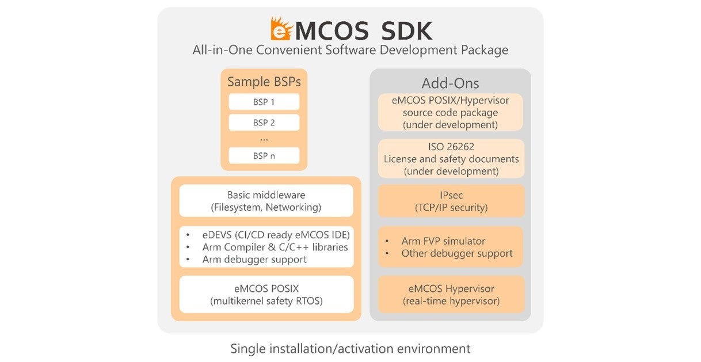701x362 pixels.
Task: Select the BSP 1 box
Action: click(264, 102)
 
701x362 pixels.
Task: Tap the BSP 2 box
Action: click(264, 123)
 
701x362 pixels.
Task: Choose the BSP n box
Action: click(264, 155)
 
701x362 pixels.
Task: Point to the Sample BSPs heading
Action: click(264, 82)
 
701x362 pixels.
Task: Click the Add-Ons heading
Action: click(450, 83)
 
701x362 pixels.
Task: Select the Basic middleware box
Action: click(266, 201)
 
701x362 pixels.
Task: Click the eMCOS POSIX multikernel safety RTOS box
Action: click(266, 294)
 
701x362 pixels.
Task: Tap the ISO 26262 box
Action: click(451, 159)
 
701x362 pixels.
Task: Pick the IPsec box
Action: click(451, 201)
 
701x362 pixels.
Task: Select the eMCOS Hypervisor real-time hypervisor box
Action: click(451, 294)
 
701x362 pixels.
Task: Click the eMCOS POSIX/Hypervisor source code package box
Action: click(451, 112)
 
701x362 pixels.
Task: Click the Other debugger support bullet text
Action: click(457, 253)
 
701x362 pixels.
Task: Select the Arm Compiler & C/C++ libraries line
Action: click(275, 247)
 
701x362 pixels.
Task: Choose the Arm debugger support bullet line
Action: click(254, 260)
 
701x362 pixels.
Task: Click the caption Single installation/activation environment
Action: click(350, 348)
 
